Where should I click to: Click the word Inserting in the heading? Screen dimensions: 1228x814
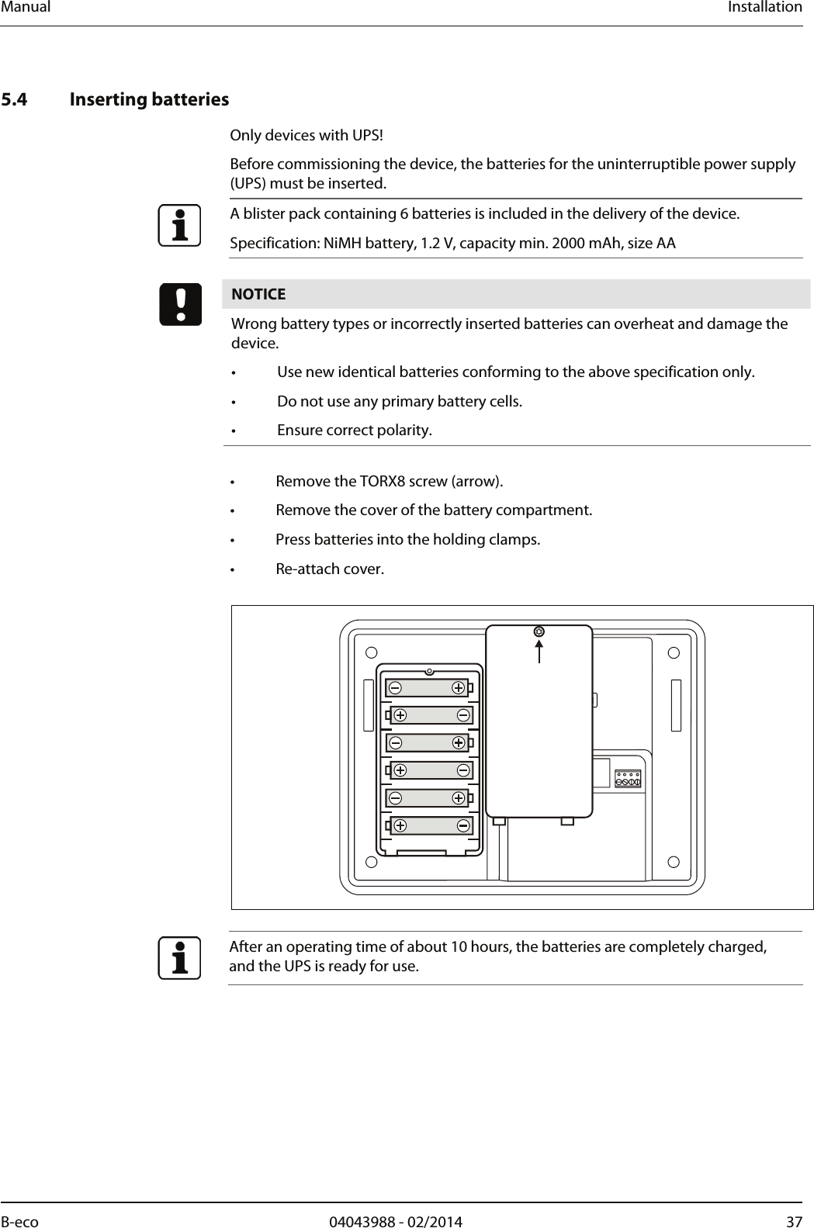pos(106,100)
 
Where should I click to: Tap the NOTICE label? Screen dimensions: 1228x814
pos(258,295)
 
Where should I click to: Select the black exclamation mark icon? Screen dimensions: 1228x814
pos(180,305)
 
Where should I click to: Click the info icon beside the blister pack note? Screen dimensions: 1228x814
pos(180,225)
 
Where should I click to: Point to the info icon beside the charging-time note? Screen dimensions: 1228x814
pos(180,958)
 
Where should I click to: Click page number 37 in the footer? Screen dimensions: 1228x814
pos(794,1222)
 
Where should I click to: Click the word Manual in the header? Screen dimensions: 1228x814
pos(25,7)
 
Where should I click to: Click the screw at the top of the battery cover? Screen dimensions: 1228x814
pos(539,631)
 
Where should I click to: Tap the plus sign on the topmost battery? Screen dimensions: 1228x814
pos(459,687)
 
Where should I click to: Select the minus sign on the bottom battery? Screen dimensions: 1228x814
pos(462,825)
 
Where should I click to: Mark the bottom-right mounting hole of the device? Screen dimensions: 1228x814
pos(674,861)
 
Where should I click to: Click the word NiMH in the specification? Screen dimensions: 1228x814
pos(341,244)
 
